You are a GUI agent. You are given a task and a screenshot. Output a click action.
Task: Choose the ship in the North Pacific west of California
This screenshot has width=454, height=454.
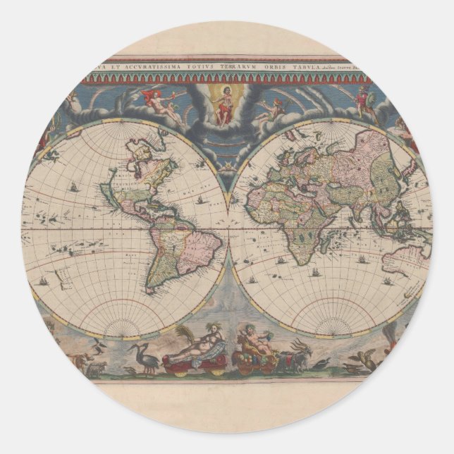74,186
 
